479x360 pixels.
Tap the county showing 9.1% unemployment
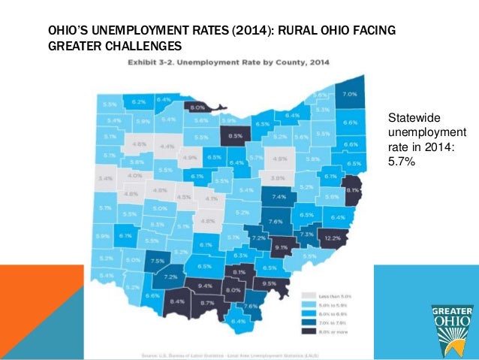point(282,246)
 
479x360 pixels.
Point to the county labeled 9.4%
point(205,286)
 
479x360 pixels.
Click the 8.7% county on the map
point(209,303)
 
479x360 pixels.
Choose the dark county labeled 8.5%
point(235,136)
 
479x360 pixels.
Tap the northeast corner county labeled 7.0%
point(350,95)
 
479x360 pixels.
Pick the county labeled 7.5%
point(158,261)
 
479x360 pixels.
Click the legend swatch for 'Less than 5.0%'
point(307,295)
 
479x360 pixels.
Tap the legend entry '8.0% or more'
point(307,331)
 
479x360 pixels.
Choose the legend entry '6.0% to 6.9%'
point(307,313)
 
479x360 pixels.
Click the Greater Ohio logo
point(452,327)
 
